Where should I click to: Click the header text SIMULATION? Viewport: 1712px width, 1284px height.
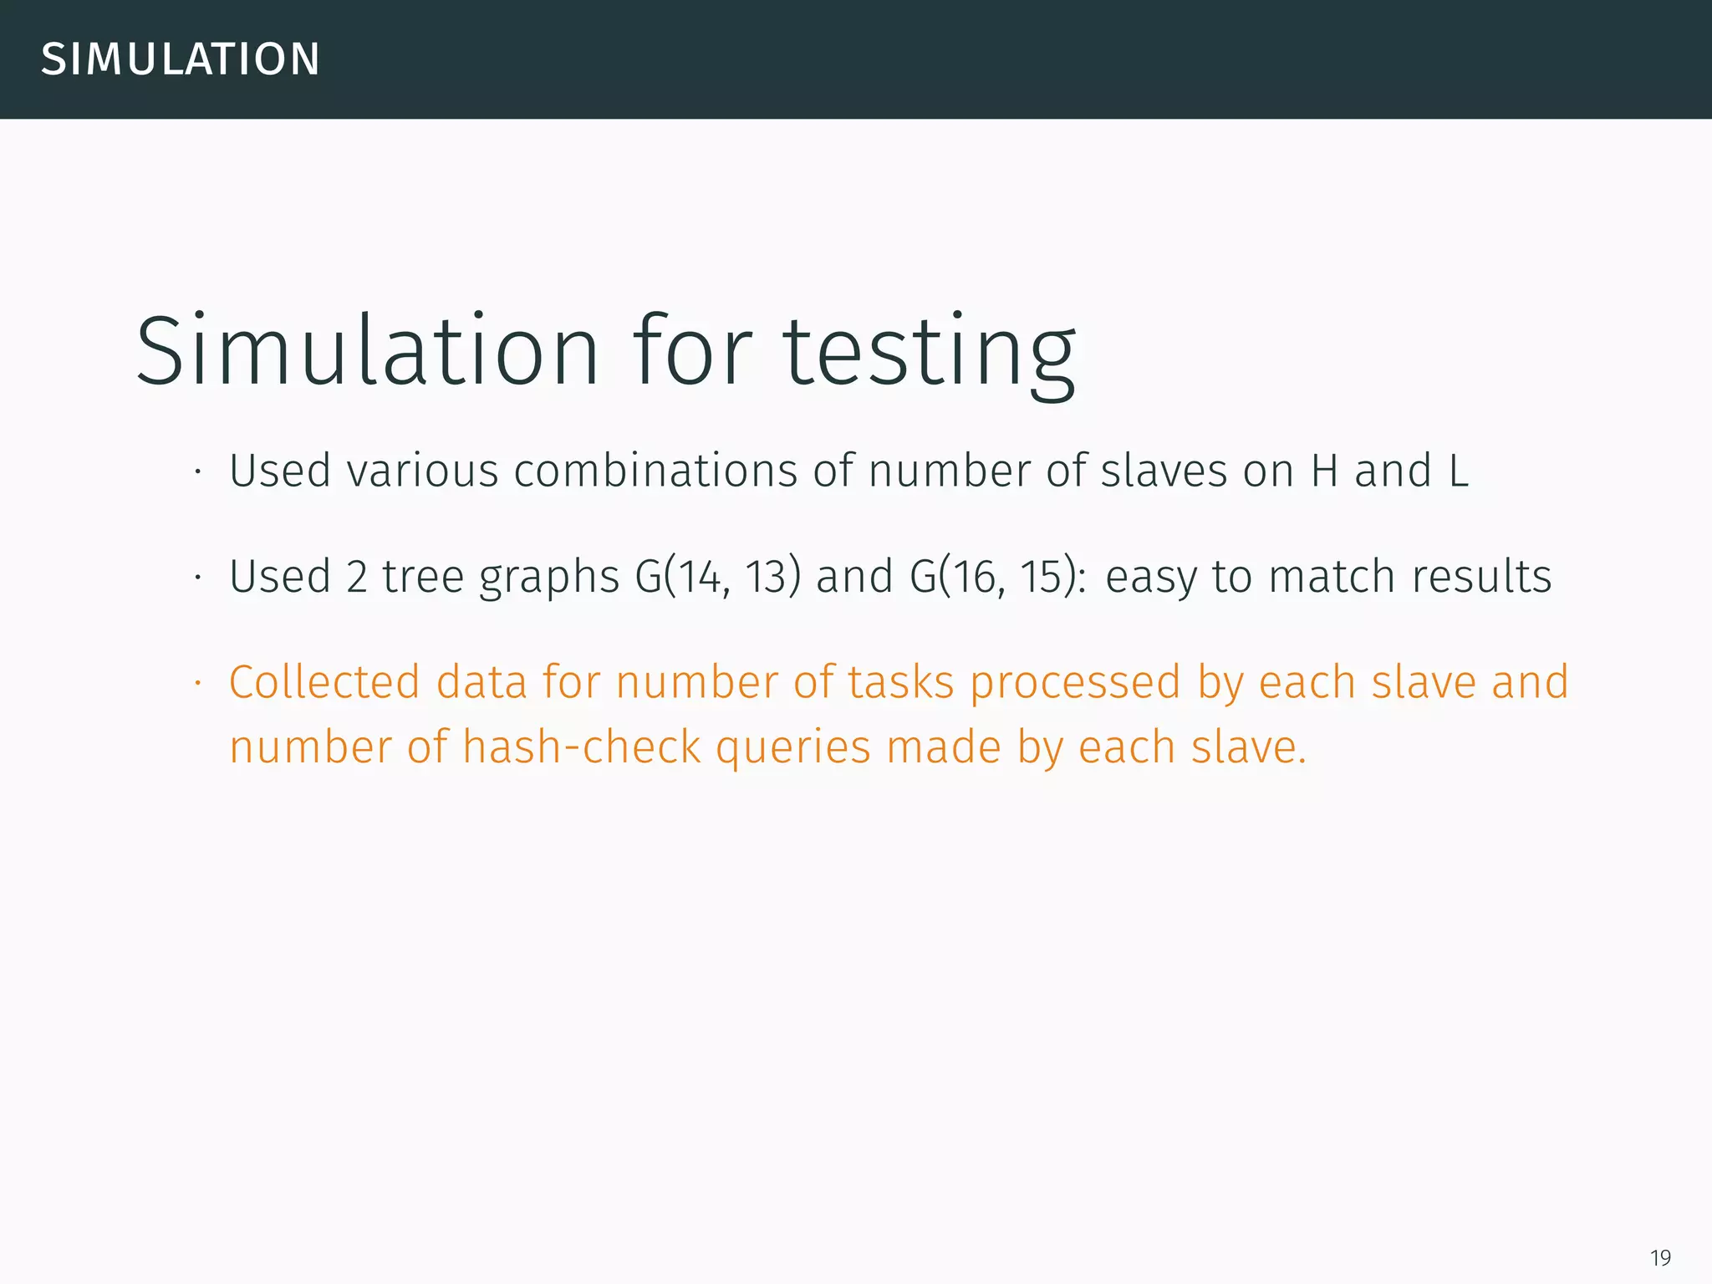pos(181,59)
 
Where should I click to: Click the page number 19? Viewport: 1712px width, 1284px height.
pos(1660,1257)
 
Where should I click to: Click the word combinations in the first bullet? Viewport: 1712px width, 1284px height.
pos(655,471)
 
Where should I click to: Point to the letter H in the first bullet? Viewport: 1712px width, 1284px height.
pos(1324,471)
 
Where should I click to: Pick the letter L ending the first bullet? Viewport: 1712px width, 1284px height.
pos(1458,471)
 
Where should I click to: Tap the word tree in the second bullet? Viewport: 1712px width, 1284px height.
pos(422,577)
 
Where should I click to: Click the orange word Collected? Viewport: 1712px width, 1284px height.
pos(324,682)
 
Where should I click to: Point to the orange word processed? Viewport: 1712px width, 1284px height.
pos(1075,684)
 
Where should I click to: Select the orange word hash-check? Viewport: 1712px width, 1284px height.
pos(581,747)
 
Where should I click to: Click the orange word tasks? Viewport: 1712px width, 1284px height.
pos(900,682)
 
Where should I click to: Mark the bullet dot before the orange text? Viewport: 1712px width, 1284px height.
pos(198,684)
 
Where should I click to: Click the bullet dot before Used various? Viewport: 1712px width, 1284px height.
pos(198,472)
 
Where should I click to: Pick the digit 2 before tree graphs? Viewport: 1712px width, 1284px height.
pos(356,577)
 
